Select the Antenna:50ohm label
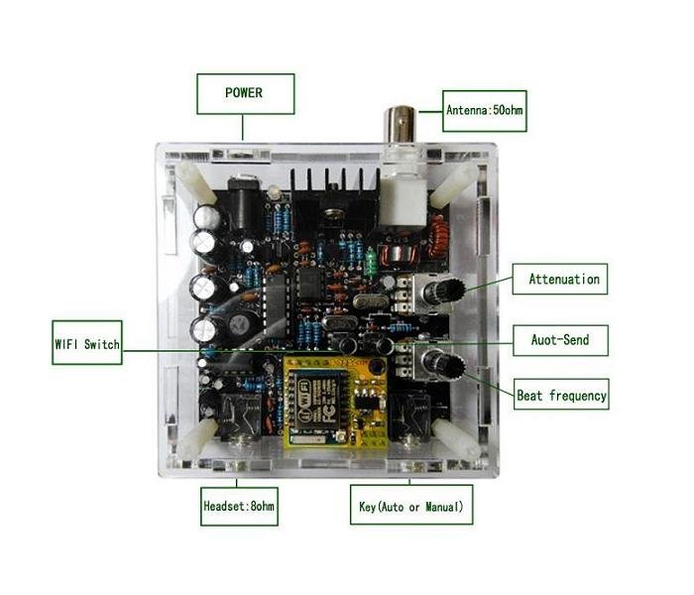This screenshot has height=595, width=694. pos(484,111)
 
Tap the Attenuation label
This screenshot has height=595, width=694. pos(562,279)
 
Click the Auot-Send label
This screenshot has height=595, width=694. pos(560,340)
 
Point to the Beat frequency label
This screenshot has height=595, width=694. pos(561,395)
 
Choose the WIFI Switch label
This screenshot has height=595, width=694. pos(87,344)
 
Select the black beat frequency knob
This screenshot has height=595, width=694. pos(443,364)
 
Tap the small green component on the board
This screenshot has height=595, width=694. pos(369,262)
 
